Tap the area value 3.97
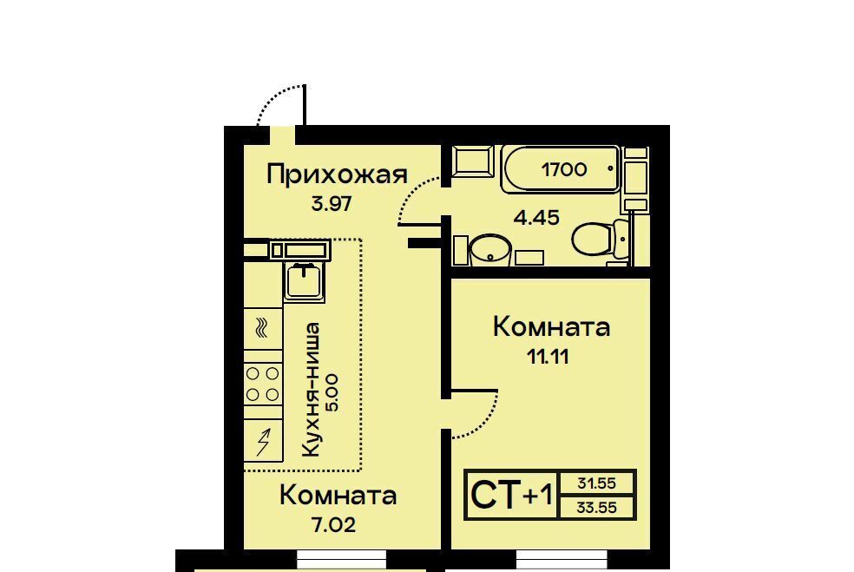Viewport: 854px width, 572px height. pos(332,204)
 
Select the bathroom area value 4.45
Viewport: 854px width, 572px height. pos(537,218)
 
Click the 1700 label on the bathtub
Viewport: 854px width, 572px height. pos(564,169)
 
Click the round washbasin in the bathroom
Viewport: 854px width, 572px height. pos(489,251)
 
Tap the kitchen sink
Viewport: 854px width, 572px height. pos(305,281)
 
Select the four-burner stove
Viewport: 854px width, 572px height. pos(263,385)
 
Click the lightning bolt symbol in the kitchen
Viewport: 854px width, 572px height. pos(264,441)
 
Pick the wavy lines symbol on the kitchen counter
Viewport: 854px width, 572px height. pos(262,327)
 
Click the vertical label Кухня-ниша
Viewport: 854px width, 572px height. pos(311,390)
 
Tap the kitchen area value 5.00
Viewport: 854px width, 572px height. pos(332,392)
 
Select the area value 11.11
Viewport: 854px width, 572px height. pos(548,357)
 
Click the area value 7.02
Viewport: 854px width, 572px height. pos(332,525)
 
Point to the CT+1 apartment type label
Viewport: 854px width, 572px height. pos(511,496)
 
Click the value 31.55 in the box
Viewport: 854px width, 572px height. pos(597,483)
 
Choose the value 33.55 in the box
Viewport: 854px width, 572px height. pos(597,508)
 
